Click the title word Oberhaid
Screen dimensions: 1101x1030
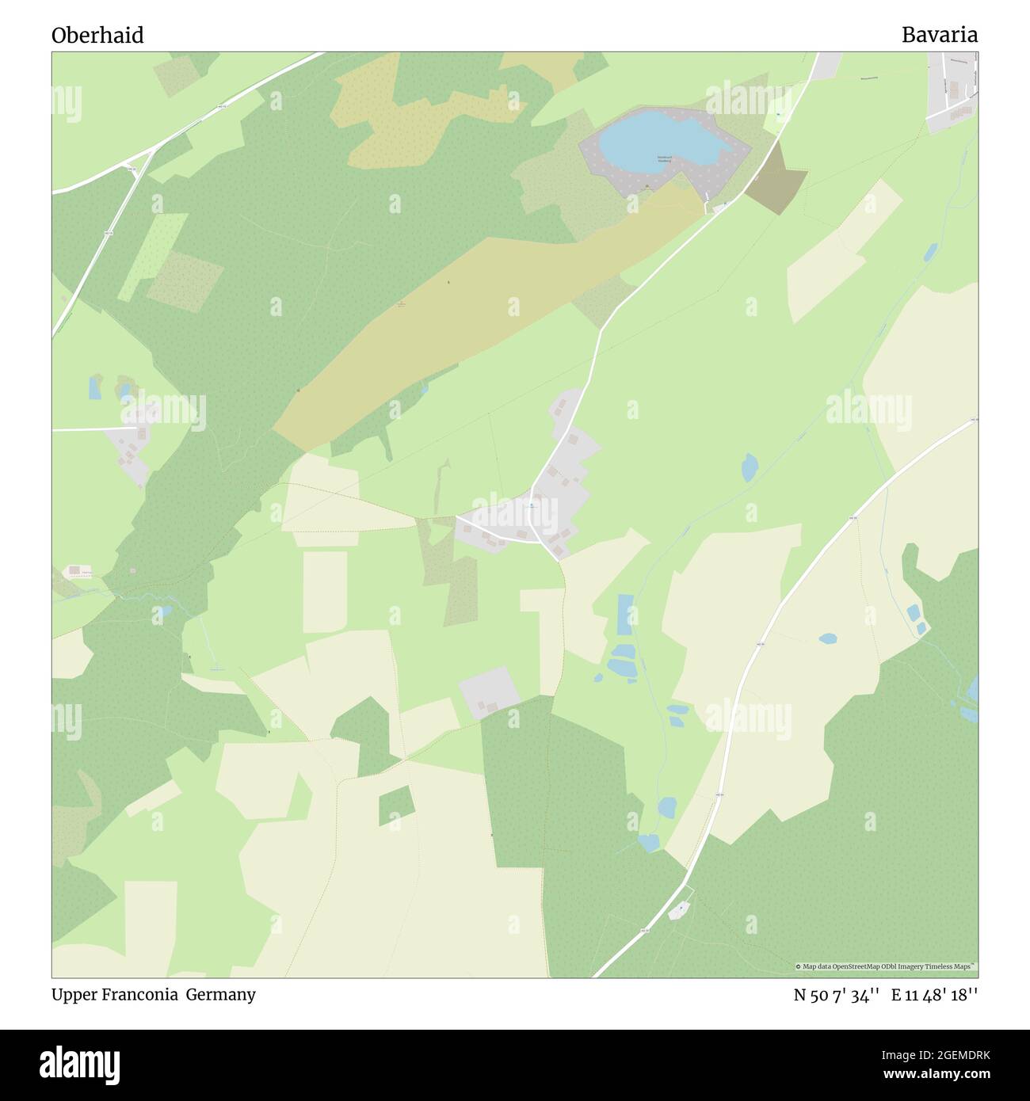point(97,36)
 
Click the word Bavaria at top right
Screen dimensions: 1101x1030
point(939,35)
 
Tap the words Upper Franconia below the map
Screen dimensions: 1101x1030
point(115,995)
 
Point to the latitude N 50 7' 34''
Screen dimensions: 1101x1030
point(837,996)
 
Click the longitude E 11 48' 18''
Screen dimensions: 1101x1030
point(934,996)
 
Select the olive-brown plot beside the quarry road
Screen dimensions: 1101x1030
point(776,180)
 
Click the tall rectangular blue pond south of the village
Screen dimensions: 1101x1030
point(626,615)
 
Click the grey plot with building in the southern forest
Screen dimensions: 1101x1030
point(679,911)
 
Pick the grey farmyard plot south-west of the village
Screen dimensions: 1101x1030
point(489,692)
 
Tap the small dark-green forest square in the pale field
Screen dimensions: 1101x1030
point(396,806)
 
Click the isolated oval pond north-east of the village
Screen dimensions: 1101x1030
point(749,467)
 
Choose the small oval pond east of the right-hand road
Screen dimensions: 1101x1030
point(828,638)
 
